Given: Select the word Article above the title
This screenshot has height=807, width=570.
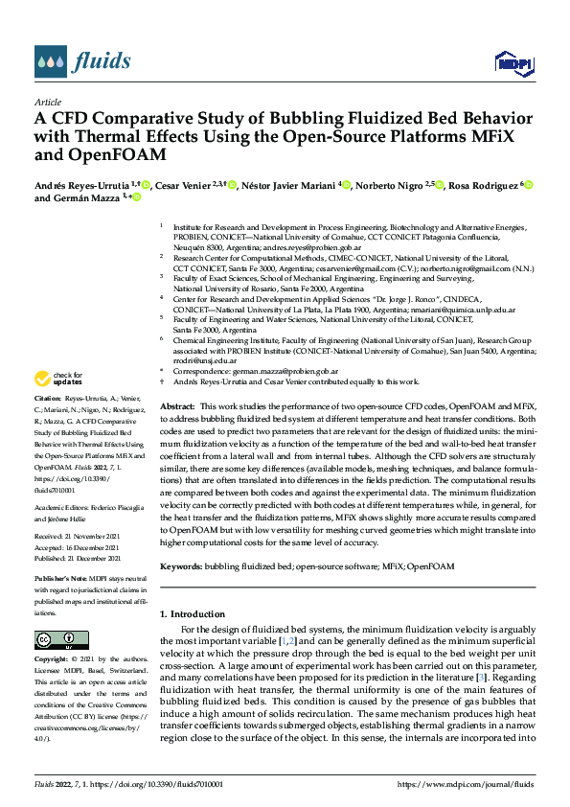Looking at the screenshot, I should click(x=48, y=101).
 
